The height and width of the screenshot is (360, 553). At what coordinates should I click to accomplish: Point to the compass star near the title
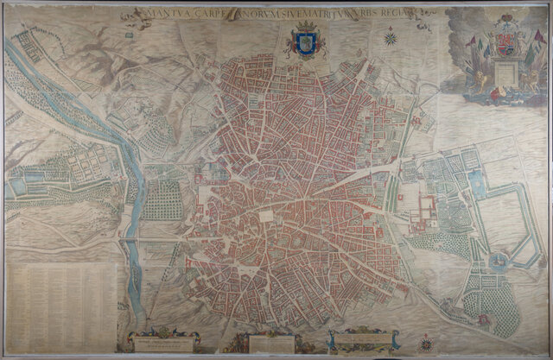391,37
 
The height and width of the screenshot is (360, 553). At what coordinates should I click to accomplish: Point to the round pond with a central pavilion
499,259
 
